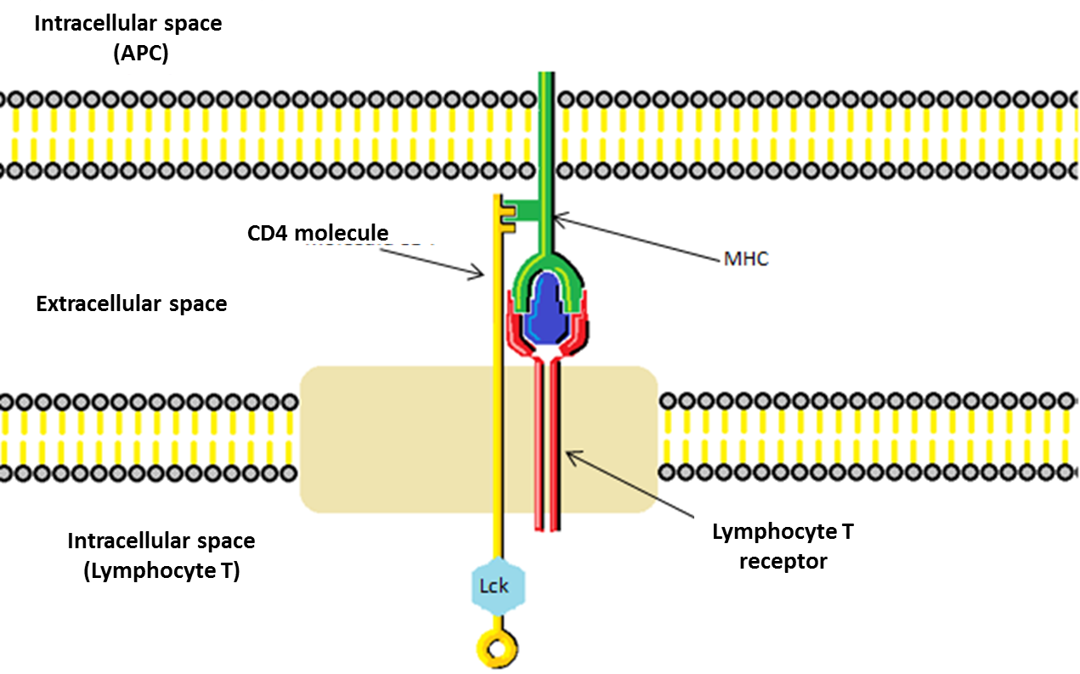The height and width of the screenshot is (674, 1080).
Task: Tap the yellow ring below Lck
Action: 498,649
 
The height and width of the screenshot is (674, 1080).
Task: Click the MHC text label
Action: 746,259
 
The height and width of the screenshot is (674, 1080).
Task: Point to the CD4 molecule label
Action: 318,233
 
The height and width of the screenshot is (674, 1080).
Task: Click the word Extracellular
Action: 102,303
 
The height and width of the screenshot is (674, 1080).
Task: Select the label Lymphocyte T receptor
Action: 783,547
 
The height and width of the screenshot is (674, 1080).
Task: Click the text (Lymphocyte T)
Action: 161,571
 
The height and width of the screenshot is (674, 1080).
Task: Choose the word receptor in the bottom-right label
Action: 783,562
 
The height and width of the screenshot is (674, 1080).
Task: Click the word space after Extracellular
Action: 200,303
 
